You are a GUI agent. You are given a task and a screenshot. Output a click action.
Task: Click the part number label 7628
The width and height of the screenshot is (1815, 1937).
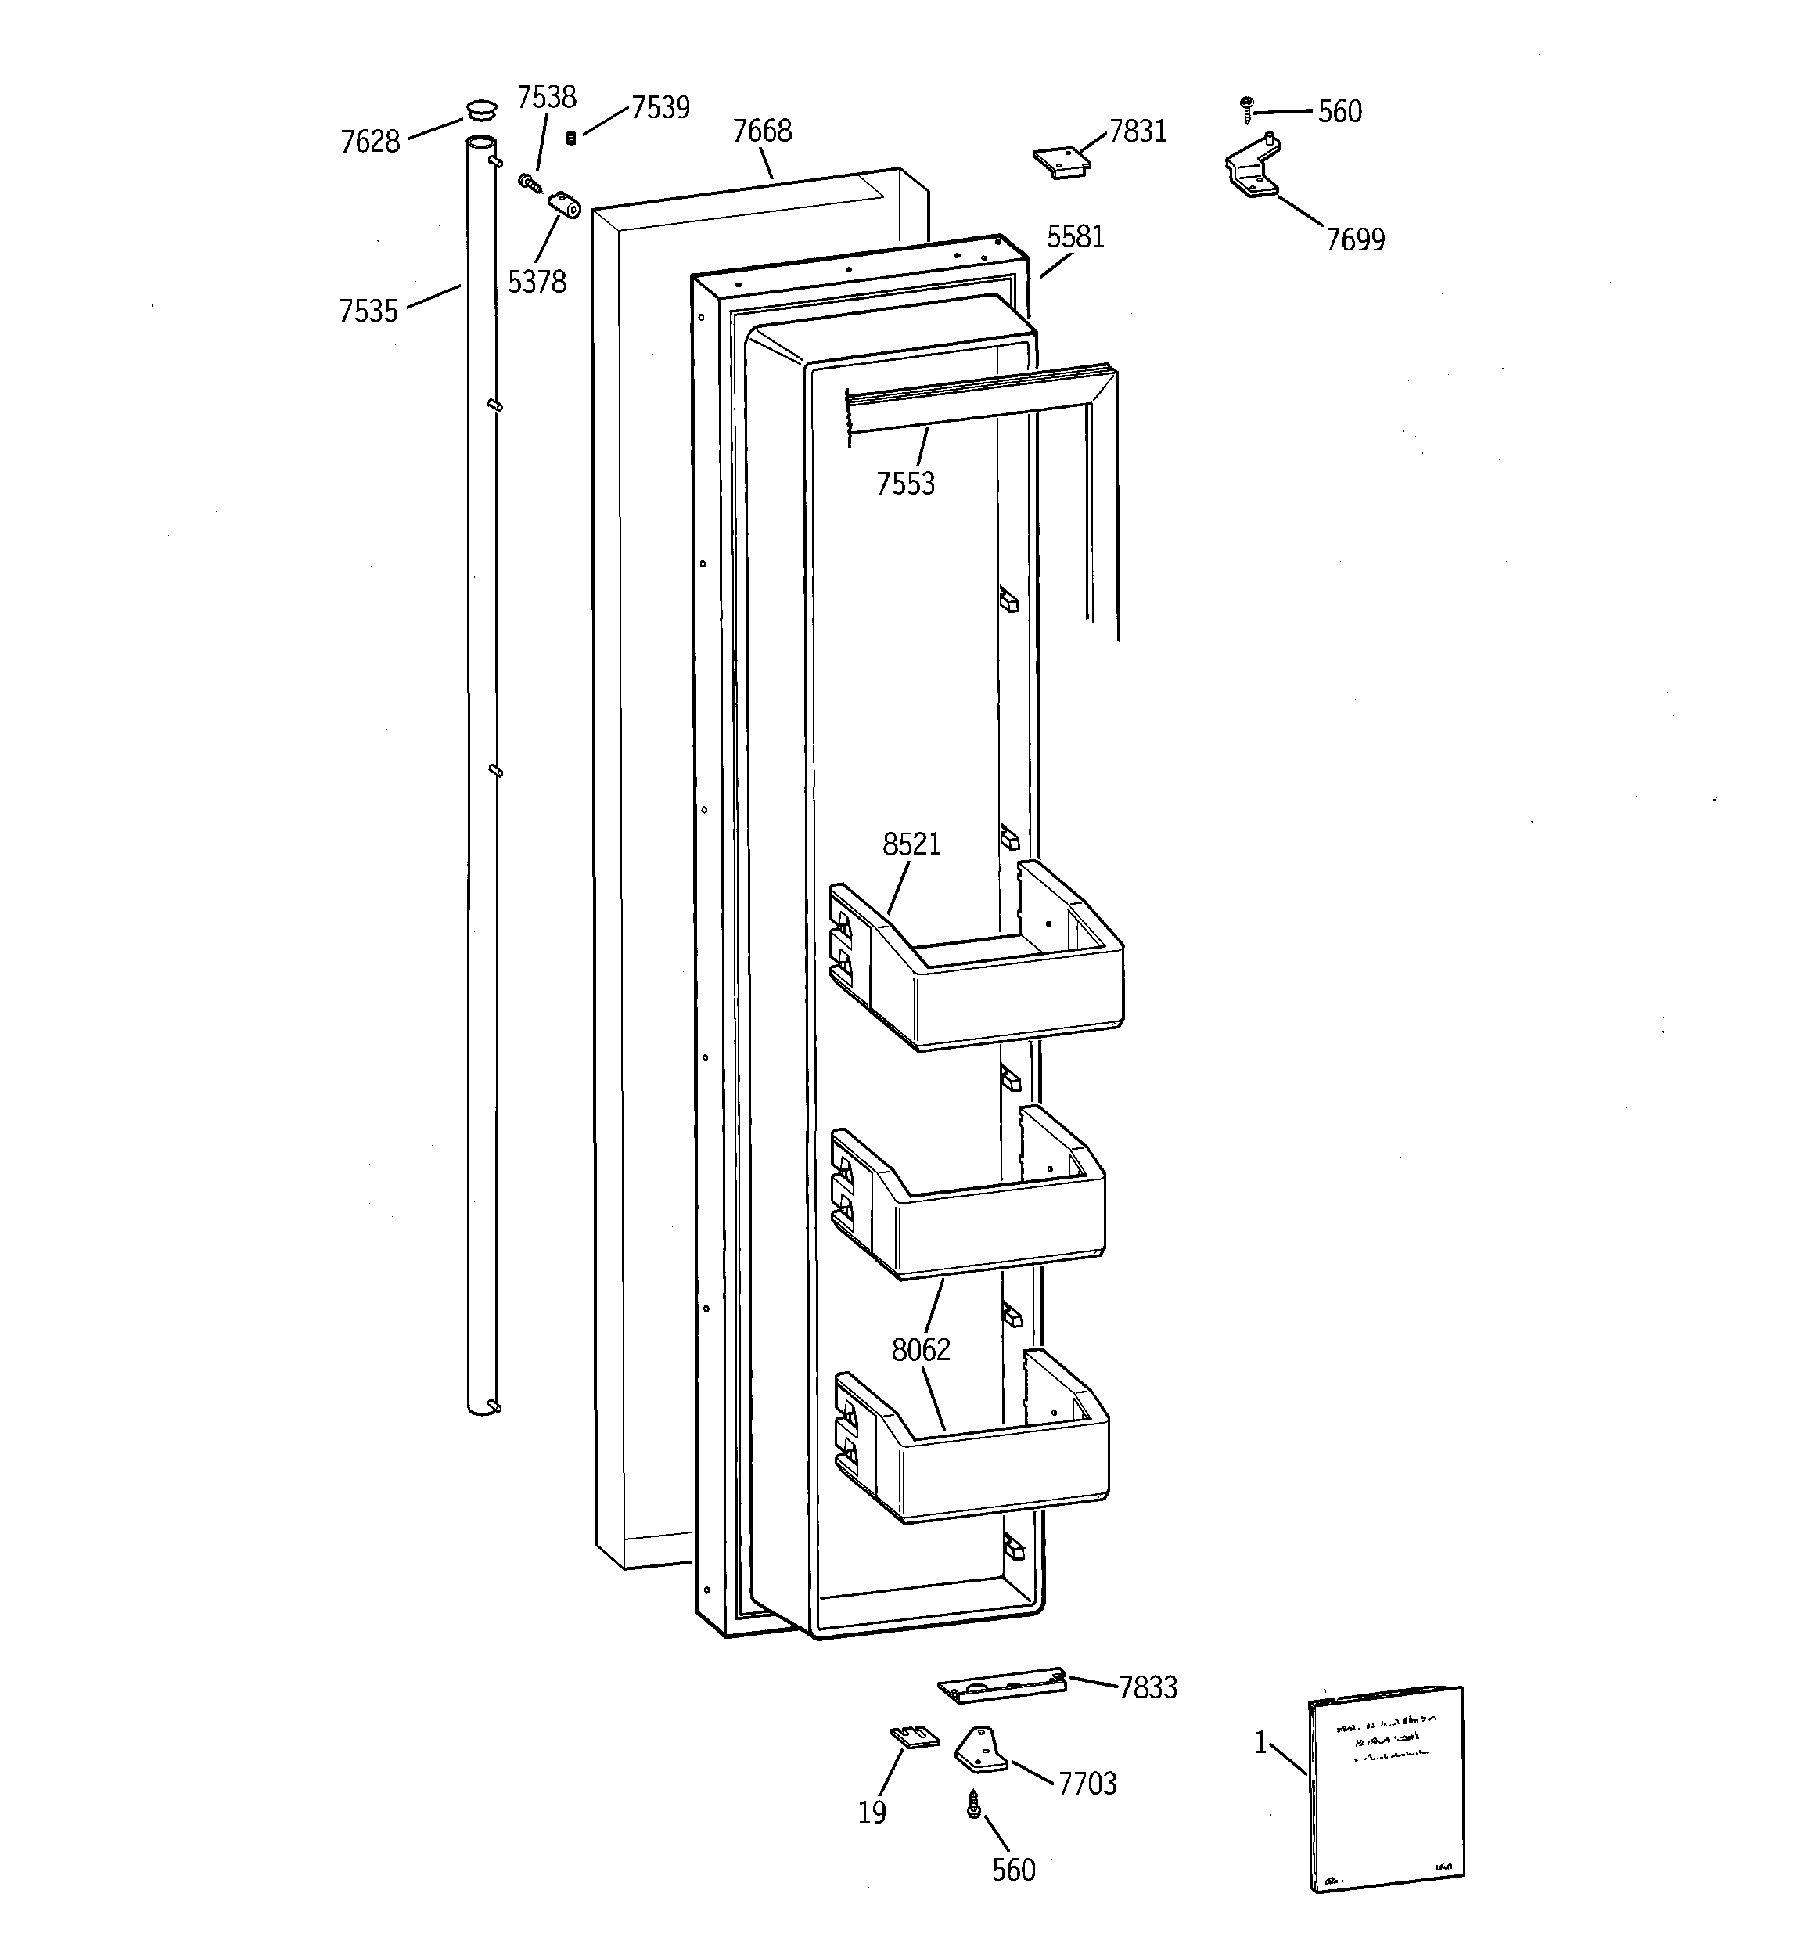pyautogui.click(x=369, y=142)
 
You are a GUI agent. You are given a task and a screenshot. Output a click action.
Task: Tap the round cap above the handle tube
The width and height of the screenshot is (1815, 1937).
pyautogui.click(x=481, y=106)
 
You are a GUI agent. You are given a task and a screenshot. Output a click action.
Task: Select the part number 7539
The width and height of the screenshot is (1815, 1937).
pyautogui.click(x=660, y=107)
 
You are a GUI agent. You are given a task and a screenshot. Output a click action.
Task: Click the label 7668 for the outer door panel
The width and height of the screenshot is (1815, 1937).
pyautogui.click(x=762, y=131)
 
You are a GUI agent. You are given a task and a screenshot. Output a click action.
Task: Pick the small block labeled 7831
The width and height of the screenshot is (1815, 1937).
pyautogui.click(x=1061, y=163)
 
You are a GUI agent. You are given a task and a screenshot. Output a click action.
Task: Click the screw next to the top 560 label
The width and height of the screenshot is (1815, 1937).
pyautogui.click(x=1246, y=109)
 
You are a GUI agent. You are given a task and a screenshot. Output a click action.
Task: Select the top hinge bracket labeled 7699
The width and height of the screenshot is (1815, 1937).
pyautogui.click(x=1253, y=170)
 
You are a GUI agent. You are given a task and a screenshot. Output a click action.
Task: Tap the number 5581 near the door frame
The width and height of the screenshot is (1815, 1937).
pyautogui.click(x=1076, y=237)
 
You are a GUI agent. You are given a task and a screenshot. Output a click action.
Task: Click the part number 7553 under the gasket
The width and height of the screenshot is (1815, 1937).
pyautogui.click(x=905, y=484)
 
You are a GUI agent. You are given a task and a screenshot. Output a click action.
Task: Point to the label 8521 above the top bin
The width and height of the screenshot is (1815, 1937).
pyautogui.click(x=912, y=844)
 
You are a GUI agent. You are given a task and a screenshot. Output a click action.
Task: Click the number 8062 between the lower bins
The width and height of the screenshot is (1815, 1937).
pyautogui.click(x=921, y=1349)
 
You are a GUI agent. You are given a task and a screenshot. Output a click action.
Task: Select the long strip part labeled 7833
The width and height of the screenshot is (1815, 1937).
pyautogui.click(x=1001, y=1686)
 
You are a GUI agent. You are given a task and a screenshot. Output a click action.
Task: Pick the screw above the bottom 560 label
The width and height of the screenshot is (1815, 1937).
pyautogui.click(x=973, y=1805)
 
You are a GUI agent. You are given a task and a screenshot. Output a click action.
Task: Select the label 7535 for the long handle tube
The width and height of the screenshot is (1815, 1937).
pyautogui.click(x=368, y=311)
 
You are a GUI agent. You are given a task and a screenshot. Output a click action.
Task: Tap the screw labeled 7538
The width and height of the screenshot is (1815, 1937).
pyautogui.click(x=530, y=182)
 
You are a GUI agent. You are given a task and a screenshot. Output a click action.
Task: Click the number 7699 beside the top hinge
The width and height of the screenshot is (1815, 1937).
pyautogui.click(x=1355, y=239)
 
